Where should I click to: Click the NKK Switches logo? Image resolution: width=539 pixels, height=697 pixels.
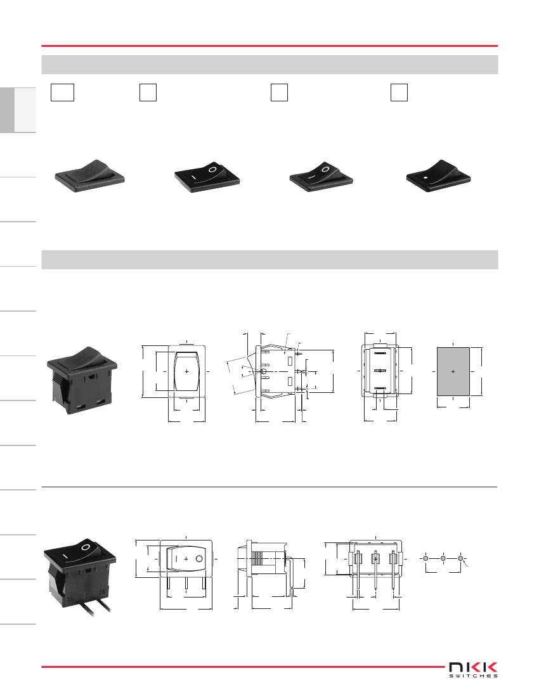click(473, 670)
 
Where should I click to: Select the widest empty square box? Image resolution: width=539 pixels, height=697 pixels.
click(62, 93)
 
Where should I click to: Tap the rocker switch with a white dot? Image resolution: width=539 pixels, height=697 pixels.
click(439, 176)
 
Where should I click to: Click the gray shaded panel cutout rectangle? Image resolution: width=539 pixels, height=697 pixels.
click(453, 371)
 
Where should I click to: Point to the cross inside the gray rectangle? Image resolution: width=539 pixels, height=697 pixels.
click(453, 371)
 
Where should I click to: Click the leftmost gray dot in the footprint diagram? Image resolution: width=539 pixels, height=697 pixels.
click(425, 558)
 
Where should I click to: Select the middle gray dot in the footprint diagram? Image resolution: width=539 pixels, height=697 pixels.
click(443, 558)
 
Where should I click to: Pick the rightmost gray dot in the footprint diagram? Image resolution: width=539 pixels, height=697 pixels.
click(461, 558)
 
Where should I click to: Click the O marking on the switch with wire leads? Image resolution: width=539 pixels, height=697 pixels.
click(86, 546)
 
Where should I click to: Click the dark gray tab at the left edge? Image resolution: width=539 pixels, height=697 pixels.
click(7, 110)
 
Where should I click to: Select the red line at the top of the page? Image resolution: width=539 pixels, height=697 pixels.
click(269, 46)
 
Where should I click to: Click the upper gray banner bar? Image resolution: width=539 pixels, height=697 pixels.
click(269, 65)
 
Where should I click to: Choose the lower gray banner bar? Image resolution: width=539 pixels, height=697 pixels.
click(269, 260)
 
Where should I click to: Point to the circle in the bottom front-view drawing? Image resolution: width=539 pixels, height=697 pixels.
click(199, 559)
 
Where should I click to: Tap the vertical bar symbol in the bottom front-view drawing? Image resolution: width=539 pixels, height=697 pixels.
click(176, 559)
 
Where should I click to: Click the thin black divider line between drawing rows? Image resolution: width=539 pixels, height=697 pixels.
click(269, 487)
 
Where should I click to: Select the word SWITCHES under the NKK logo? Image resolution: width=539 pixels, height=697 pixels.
click(473, 675)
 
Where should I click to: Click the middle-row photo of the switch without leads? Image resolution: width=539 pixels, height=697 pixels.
click(82, 380)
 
